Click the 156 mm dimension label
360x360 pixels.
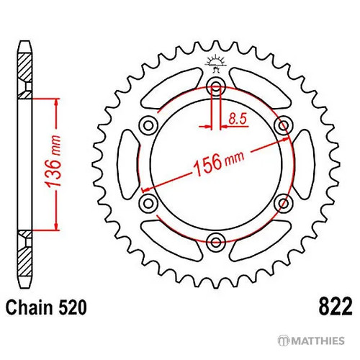(x=218, y=163)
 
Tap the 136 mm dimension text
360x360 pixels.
(x=53, y=161)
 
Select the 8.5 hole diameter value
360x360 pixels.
(x=238, y=119)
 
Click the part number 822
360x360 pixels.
(x=336, y=307)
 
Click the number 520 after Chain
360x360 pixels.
(x=72, y=307)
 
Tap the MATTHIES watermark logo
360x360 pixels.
(x=311, y=341)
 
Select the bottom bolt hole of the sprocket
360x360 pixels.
(x=216, y=242)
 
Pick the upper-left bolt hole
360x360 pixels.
(x=148, y=125)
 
